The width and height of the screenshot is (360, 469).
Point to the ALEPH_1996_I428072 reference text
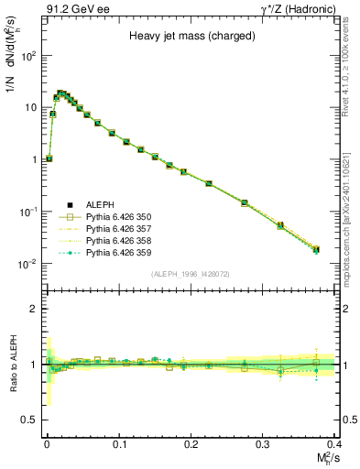click(x=191, y=274)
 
